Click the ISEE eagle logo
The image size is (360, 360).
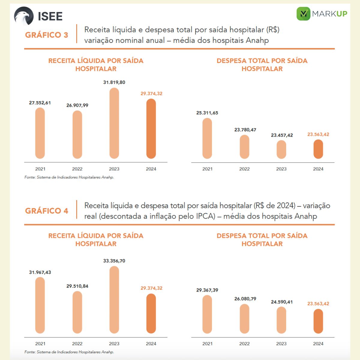coord(24,16)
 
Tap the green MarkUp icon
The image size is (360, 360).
coord(303,13)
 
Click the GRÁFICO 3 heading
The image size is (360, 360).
coord(46,35)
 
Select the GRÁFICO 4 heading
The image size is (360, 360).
coord(46,211)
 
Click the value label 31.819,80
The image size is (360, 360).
coord(114,82)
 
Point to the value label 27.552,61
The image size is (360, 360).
coord(40,103)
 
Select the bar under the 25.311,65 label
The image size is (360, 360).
coord(207,138)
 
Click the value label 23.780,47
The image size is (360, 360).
coord(245,130)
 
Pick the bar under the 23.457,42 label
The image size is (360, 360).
coord(281,149)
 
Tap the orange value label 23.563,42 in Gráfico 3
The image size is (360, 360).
coord(318,134)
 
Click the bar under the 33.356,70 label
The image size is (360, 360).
coord(114,300)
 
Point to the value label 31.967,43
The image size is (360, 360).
coord(40,272)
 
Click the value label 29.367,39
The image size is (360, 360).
coord(207,290)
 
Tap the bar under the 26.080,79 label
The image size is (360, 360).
coord(244,319)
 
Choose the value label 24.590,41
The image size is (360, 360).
coord(282,302)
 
